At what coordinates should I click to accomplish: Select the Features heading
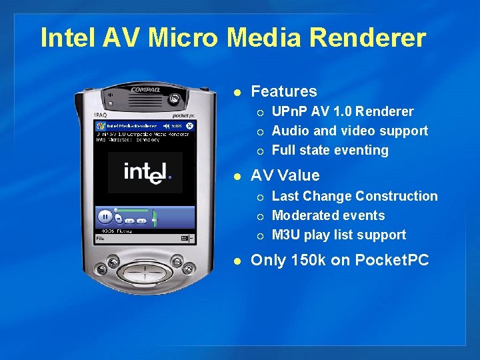[284, 91]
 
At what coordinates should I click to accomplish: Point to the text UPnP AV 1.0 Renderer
[343, 111]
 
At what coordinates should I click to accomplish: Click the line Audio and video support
[350, 131]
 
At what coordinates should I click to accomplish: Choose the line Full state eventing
[330, 150]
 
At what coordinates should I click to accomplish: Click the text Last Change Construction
[355, 196]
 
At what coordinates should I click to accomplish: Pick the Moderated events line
[328, 215]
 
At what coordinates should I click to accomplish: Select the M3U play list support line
[339, 235]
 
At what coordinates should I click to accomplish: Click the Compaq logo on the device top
[145, 89]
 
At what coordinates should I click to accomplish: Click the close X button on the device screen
[189, 125]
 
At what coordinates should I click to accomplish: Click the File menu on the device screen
[100, 238]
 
